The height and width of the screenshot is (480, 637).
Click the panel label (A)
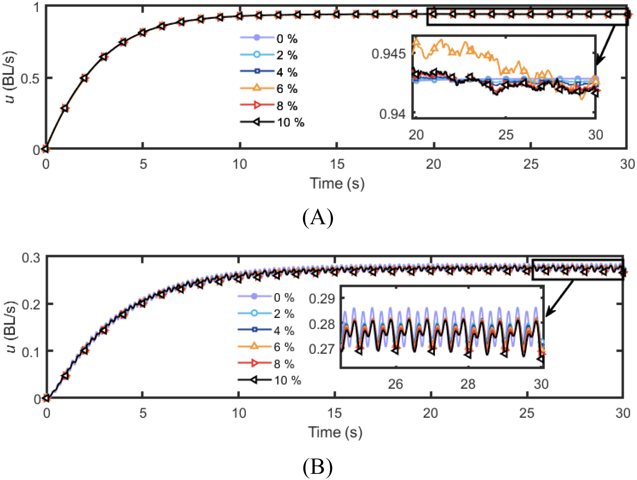[318, 218]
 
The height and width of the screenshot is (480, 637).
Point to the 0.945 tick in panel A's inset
[388, 54]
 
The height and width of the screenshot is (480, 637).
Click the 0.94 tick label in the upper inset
[392, 114]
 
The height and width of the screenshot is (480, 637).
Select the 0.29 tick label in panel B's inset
[322, 299]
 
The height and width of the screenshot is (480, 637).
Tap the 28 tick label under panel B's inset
[468, 384]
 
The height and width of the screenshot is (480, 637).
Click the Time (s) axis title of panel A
[337, 183]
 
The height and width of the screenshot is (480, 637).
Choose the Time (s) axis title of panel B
[335, 432]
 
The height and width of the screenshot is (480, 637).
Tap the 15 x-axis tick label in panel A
[337, 164]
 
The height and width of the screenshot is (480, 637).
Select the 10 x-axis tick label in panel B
[239, 413]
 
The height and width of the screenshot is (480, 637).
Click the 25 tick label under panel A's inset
[506, 135]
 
